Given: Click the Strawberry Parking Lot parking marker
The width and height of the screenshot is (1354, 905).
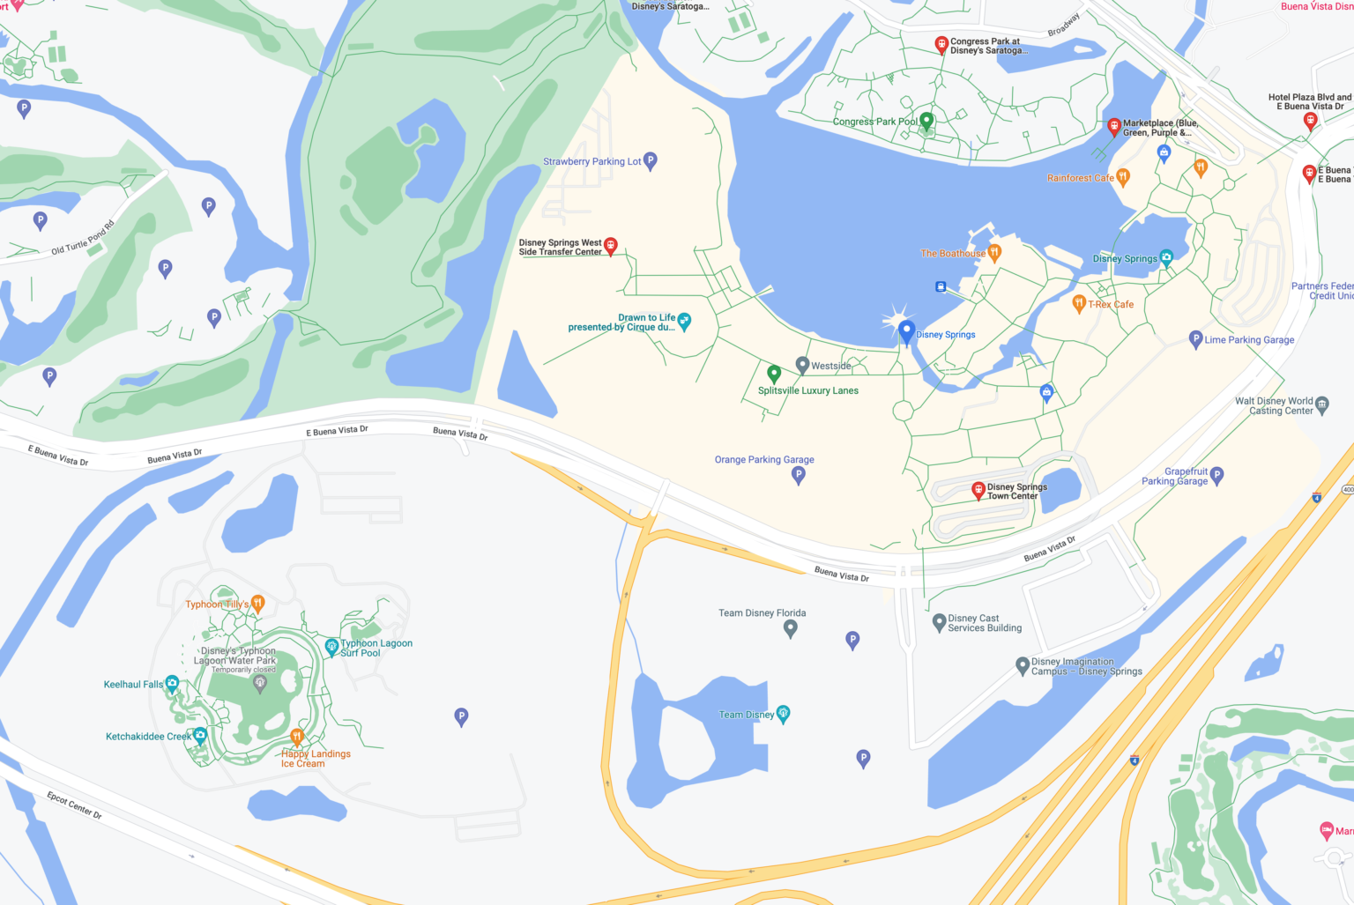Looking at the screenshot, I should coord(651,160).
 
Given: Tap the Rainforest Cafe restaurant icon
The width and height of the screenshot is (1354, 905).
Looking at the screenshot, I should coord(1122,176).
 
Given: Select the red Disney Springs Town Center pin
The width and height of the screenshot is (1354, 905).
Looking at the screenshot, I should coord(978,490).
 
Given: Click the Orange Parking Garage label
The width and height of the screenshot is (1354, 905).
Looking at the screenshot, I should coord(764,459).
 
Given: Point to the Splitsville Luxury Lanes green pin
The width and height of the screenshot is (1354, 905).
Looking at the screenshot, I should coord(774,374).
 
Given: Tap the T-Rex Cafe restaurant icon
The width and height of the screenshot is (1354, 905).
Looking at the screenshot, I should coord(1078,303).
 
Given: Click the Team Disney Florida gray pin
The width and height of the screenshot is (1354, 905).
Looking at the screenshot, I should coord(791,627).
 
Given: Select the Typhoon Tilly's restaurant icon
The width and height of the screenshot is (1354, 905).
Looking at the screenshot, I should coord(257,603).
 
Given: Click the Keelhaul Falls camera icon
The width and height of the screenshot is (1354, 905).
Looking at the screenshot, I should coord(173,683).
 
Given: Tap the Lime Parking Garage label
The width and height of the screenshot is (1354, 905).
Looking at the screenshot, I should coord(1249,339).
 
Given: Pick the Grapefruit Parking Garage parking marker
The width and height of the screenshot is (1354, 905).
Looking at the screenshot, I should coord(1216,475).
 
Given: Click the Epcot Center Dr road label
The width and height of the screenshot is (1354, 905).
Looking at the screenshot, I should coord(75,804).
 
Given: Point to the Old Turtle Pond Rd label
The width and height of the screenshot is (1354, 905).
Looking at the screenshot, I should coord(83,238).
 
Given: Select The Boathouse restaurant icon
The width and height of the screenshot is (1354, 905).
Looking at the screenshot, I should coord(994,253).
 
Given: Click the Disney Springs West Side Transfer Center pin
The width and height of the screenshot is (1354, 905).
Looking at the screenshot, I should coord(610,246).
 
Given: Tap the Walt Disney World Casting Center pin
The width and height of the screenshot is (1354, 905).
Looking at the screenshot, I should coord(1321,405).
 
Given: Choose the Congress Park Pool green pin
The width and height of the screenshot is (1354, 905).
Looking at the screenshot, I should coord(926,121).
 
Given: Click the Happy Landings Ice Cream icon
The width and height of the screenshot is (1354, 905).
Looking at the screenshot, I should coord(297,737).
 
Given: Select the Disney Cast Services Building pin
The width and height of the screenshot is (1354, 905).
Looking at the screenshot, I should coord(939,622).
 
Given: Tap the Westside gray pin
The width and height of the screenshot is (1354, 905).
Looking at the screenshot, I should coord(802,364).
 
